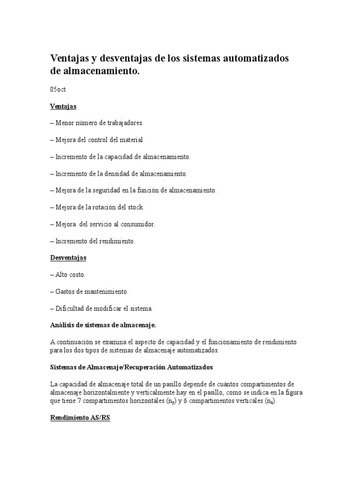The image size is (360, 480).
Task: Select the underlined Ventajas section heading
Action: [x=63, y=106]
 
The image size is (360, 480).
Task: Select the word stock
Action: [x=135, y=207]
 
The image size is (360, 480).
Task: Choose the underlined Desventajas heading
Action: [x=68, y=258]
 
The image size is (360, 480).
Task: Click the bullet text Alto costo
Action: [x=70, y=275]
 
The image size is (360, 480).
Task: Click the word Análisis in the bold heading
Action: [x=62, y=325]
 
